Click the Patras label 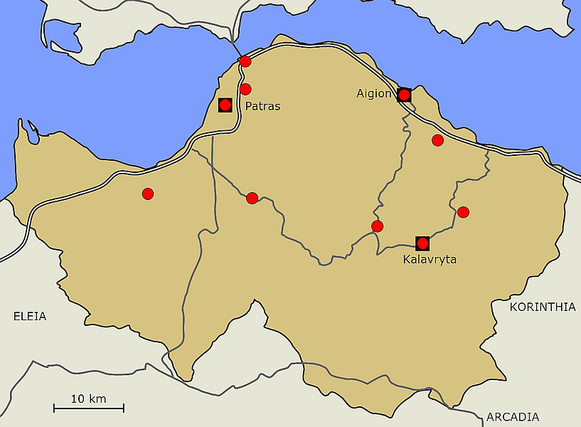coord(262,107)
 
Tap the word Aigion coord(374,94)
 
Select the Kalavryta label coord(430,260)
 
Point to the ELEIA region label coord(30,316)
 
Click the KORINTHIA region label coord(543,307)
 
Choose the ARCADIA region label coord(513,417)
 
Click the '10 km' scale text coord(89,399)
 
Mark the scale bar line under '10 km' coord(89,408)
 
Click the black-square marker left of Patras coord(225,105)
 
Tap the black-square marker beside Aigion coord(404,95)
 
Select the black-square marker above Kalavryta coord(422,243)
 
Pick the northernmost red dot coord(245,61)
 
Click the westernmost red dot coord(148,194)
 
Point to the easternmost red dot coord(464,212)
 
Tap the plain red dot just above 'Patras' coord(245,89)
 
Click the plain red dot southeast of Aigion coord(438,140)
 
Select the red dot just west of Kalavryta coord(378,226)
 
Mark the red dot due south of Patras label coord(252,198)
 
